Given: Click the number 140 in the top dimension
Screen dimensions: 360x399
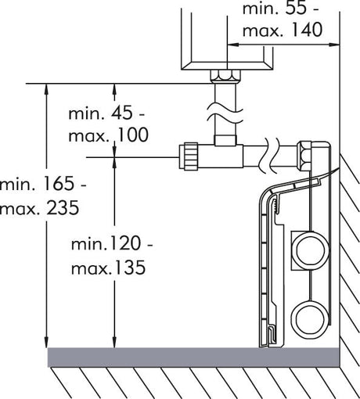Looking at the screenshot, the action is pos(306,30).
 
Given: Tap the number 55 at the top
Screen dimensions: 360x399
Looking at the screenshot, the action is pos(296,8).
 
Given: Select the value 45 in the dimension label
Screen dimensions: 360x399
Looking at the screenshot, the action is pos(122,113).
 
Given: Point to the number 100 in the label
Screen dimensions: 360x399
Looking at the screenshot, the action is pos(132,135).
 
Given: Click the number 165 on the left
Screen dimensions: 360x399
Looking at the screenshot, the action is pos(58,183).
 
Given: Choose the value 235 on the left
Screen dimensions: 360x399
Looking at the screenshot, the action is pos(63,208).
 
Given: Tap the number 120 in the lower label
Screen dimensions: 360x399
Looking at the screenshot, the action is pos(124,243).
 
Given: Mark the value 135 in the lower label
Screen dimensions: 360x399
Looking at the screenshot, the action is pos(129,268).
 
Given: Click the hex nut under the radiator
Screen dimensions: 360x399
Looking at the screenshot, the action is pos(225,76).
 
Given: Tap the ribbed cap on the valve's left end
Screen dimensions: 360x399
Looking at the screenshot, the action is pos(189,156).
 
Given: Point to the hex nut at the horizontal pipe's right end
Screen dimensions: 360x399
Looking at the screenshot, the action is pos(304,156).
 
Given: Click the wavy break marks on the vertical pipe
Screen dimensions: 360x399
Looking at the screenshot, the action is pos(225,114).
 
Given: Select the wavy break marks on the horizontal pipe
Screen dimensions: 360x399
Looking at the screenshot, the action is pos(268,156).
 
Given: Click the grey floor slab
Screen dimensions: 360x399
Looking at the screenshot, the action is pos(193,358).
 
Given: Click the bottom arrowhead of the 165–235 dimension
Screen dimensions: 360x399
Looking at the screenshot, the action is pos(46,342).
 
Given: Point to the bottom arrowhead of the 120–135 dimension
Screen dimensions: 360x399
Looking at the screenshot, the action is pos(114,342).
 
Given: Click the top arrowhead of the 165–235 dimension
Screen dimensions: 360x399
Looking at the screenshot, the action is pos(46,90).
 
